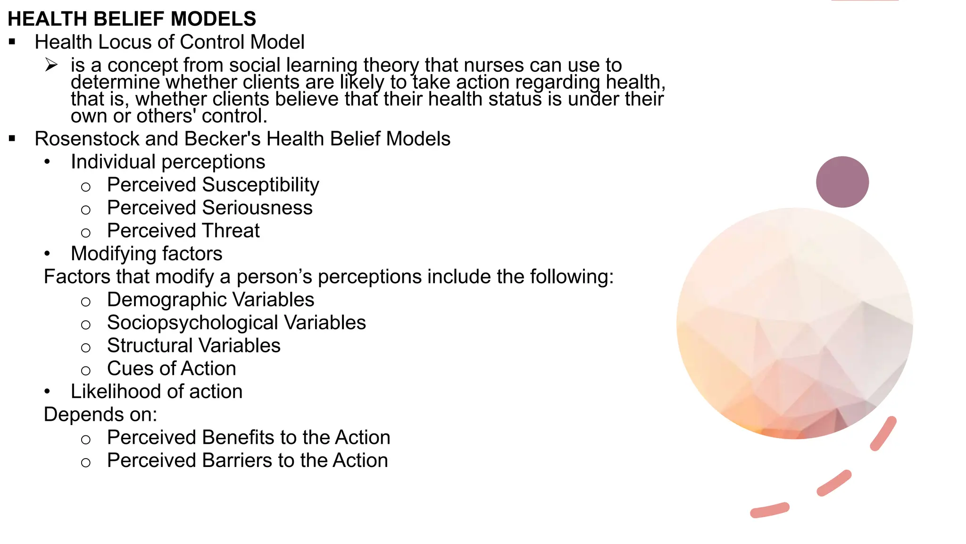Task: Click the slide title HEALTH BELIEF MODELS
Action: (132, 19)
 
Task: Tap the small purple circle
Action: (842, 182)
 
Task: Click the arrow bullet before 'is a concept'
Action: (51, 65)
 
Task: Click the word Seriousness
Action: (257, 208)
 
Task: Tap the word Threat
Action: (231, 231)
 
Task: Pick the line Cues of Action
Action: (171, 369)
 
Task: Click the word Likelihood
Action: (114, 391)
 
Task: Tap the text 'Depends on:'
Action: (100, 415)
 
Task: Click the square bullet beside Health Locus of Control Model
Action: (12, 42)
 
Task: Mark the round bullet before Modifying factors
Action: (47, 254)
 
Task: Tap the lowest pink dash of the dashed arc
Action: (769, 510)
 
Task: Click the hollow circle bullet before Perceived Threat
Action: (85, 233)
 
